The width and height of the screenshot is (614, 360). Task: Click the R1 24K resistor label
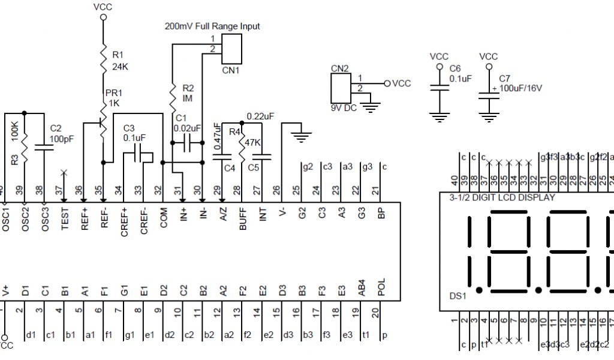pyautogui.click(x=120, y=60)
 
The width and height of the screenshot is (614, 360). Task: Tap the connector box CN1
pyautogui.click(x=231, y=49)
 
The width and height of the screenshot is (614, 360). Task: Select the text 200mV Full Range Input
pyautogui.click(x=212, y=26)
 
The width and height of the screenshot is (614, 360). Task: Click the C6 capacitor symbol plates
pyautogui.click(x=440, y=88)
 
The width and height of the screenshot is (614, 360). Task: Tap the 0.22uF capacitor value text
pyautogui.click(x=260, y=116)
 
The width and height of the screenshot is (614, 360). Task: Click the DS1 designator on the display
pyautogui.click(x=458, y=296)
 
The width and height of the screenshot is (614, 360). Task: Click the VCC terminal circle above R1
pyautogui.click(x=103, y=17)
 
